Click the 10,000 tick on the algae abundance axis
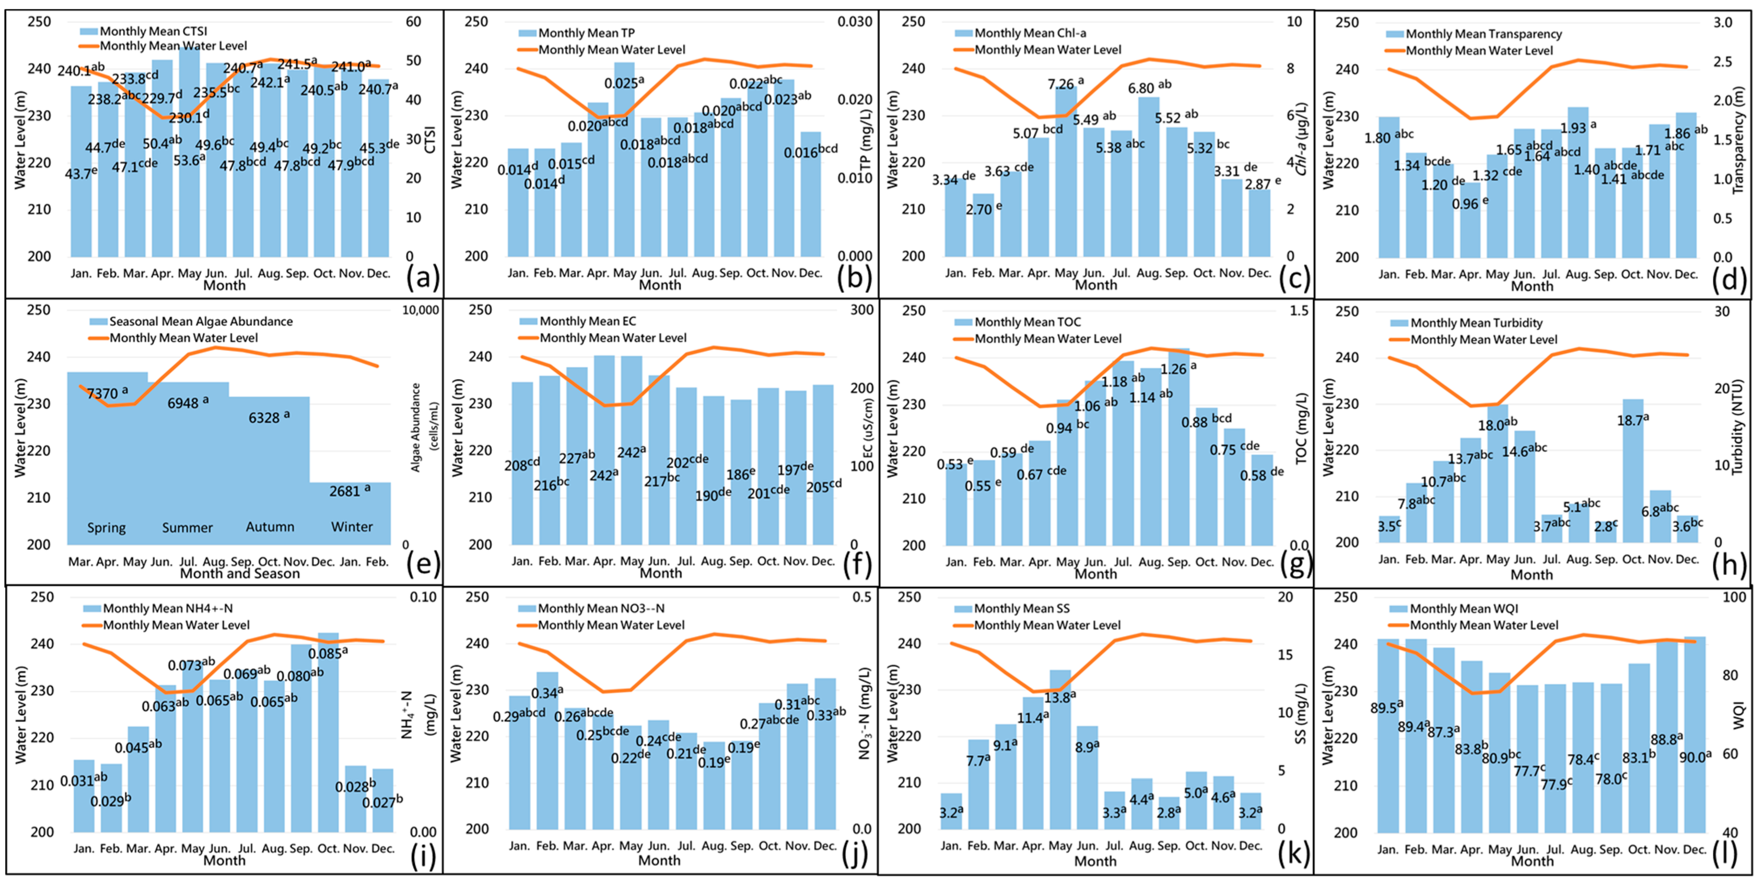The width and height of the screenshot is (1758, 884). pyautogui.click(x=420, y=310)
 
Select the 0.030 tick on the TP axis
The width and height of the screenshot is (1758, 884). pyautogui.click(x=855, y=22)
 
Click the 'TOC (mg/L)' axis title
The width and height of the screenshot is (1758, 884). pyautogui.click(x=1301, y=429)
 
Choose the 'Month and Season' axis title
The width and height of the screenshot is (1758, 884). pyautogui.click(x=240, y=574)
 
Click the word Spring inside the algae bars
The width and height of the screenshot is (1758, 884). pyautogui.click(x=106, y=527)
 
